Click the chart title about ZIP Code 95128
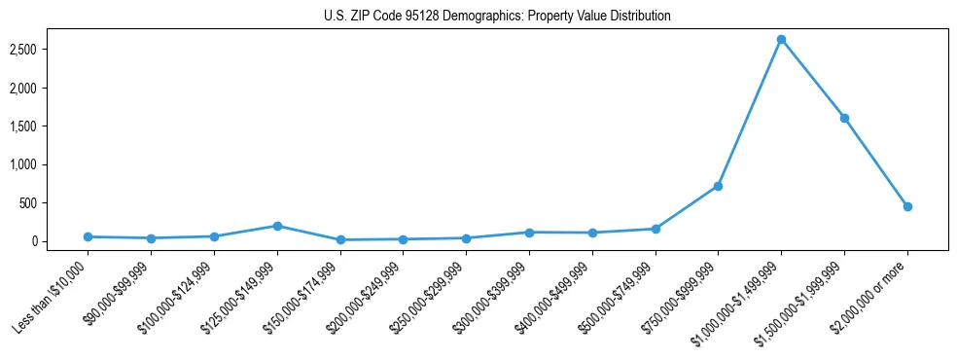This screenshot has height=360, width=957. coord(497,17)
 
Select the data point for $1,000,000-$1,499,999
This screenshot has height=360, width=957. coord(781,40)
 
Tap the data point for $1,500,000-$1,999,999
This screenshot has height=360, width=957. coord(844,119)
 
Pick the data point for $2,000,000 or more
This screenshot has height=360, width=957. coord(907,206)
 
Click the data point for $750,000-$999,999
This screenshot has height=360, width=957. coord(718,186)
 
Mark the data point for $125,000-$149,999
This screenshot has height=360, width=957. coord(277,226)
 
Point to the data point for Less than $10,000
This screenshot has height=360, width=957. coord(88,236)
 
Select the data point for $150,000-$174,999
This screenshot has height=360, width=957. coord(340,239)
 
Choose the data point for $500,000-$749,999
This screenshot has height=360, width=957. coord(656,229)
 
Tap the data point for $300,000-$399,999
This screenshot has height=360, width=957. coord(529,233)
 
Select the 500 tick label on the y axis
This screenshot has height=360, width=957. coord(43,203)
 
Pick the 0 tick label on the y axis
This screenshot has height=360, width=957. coord(48,241)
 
